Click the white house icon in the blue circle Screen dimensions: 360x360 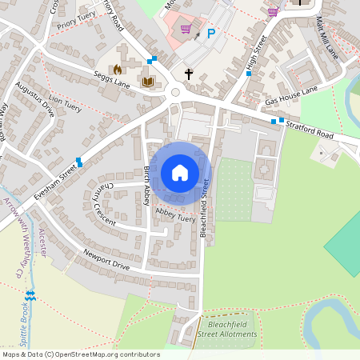(180, 173)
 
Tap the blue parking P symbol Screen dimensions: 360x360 (212, 34)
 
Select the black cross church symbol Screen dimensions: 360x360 (189, 74)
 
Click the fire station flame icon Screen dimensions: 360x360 (118, 70)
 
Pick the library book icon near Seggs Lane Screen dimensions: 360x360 (146, 82)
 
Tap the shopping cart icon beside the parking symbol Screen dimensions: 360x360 (186, 30)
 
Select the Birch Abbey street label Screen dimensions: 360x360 (147, 186)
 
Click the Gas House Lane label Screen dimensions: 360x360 (291, 96)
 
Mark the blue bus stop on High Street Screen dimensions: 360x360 (249, 74)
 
